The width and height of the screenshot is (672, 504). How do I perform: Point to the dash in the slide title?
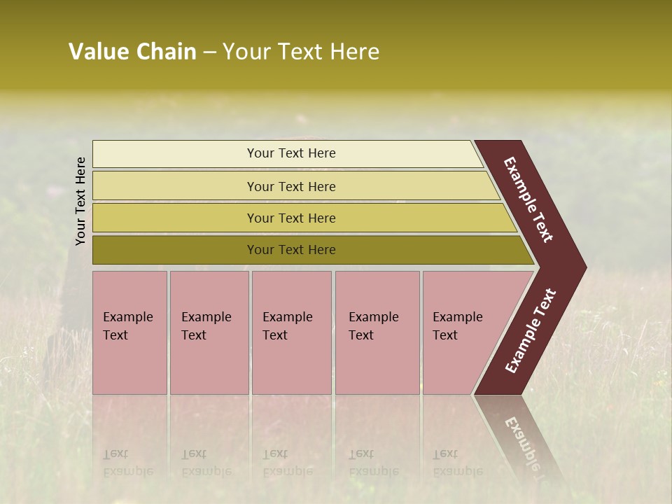(209, 52)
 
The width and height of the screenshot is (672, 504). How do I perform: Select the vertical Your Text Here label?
(80, 202)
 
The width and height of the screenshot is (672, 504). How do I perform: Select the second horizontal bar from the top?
(291, 186)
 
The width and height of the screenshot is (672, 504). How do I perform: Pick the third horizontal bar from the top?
(291, 218)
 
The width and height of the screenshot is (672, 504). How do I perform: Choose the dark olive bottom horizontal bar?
(291, 250)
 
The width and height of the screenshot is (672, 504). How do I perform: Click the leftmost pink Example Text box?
(129, 332)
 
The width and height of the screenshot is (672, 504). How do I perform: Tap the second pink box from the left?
(209, 332)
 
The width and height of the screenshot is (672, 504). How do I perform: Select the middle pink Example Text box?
(291, 332)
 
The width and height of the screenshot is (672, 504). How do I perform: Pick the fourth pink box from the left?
(377, 332)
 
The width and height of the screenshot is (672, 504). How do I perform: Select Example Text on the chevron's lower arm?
(531, 331)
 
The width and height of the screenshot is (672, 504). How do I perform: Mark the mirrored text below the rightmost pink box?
(456, 463)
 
